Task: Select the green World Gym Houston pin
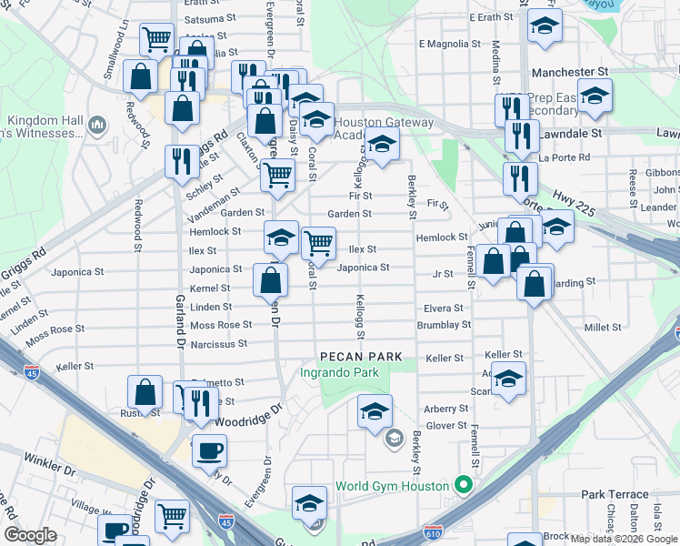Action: (x=463, y=485)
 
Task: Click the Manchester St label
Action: (x=569, y=71)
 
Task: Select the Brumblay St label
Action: (x=444, y=325)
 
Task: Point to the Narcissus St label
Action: (x=219, y=345)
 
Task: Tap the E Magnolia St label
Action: (x=448, y=44)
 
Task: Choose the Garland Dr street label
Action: (x=180, y=312)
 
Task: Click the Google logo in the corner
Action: (x=30, y=536)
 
